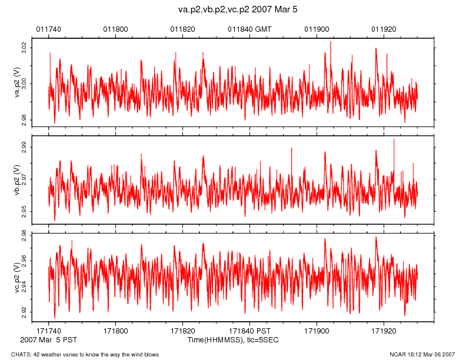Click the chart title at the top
pos(241,10)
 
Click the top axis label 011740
pos(48,28)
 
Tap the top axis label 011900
pos(317,28)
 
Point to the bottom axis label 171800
pos(115,332)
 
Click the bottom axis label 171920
pos(384,332)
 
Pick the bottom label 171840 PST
pos(250,332)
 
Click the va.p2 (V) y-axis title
pos(17,82)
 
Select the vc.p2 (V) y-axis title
pos(17,276)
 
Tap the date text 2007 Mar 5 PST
pos(48,340)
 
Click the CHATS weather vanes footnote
pos(85,354)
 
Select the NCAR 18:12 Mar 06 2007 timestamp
pos(422,354)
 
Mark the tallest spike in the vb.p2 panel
pos(394,139)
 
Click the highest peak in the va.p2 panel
pos(331,42)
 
